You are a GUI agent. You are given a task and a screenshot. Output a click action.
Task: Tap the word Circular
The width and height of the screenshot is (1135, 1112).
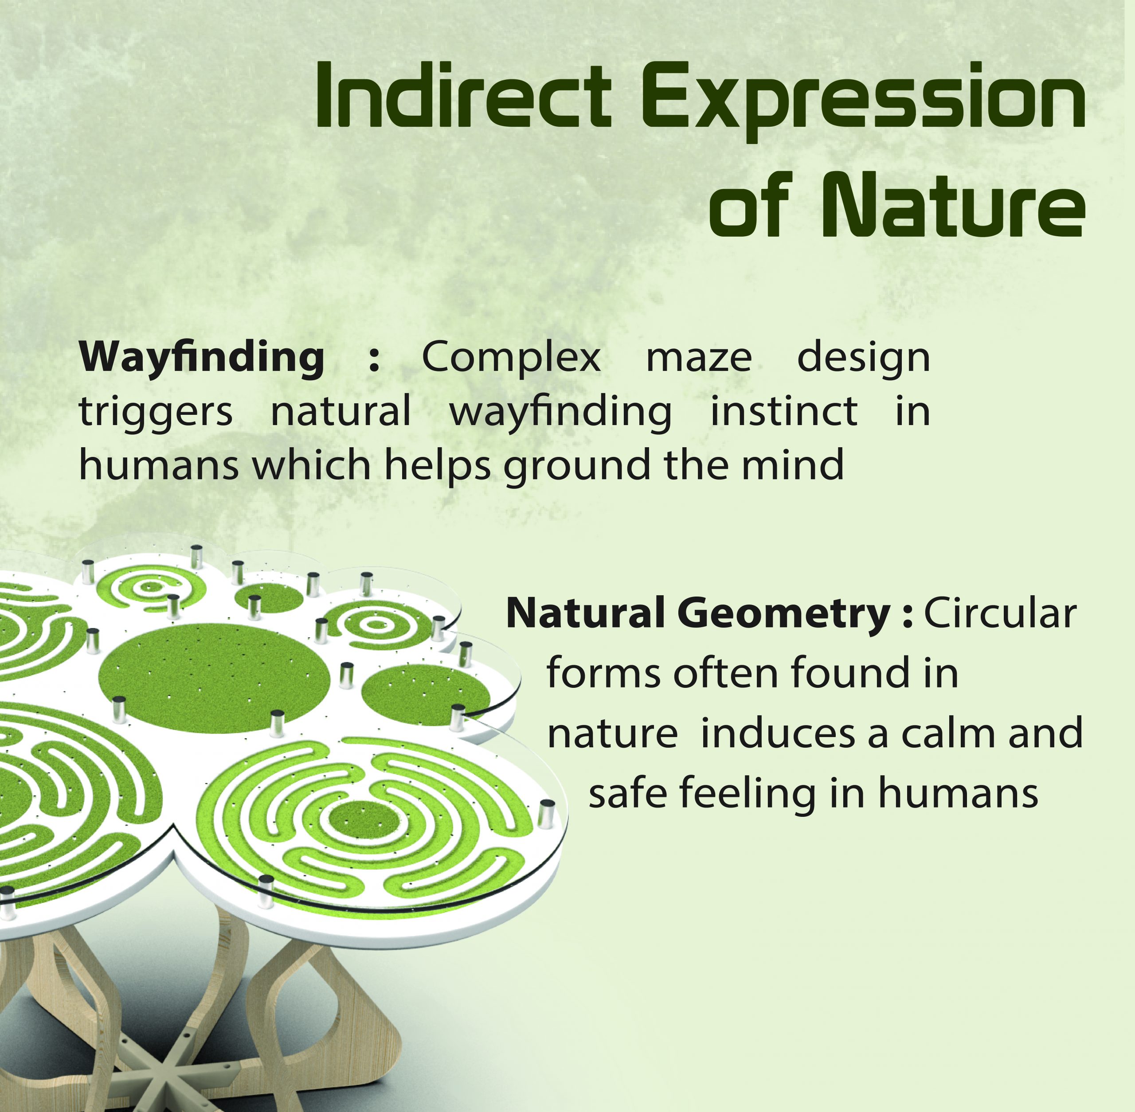[x=1000, y=614]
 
